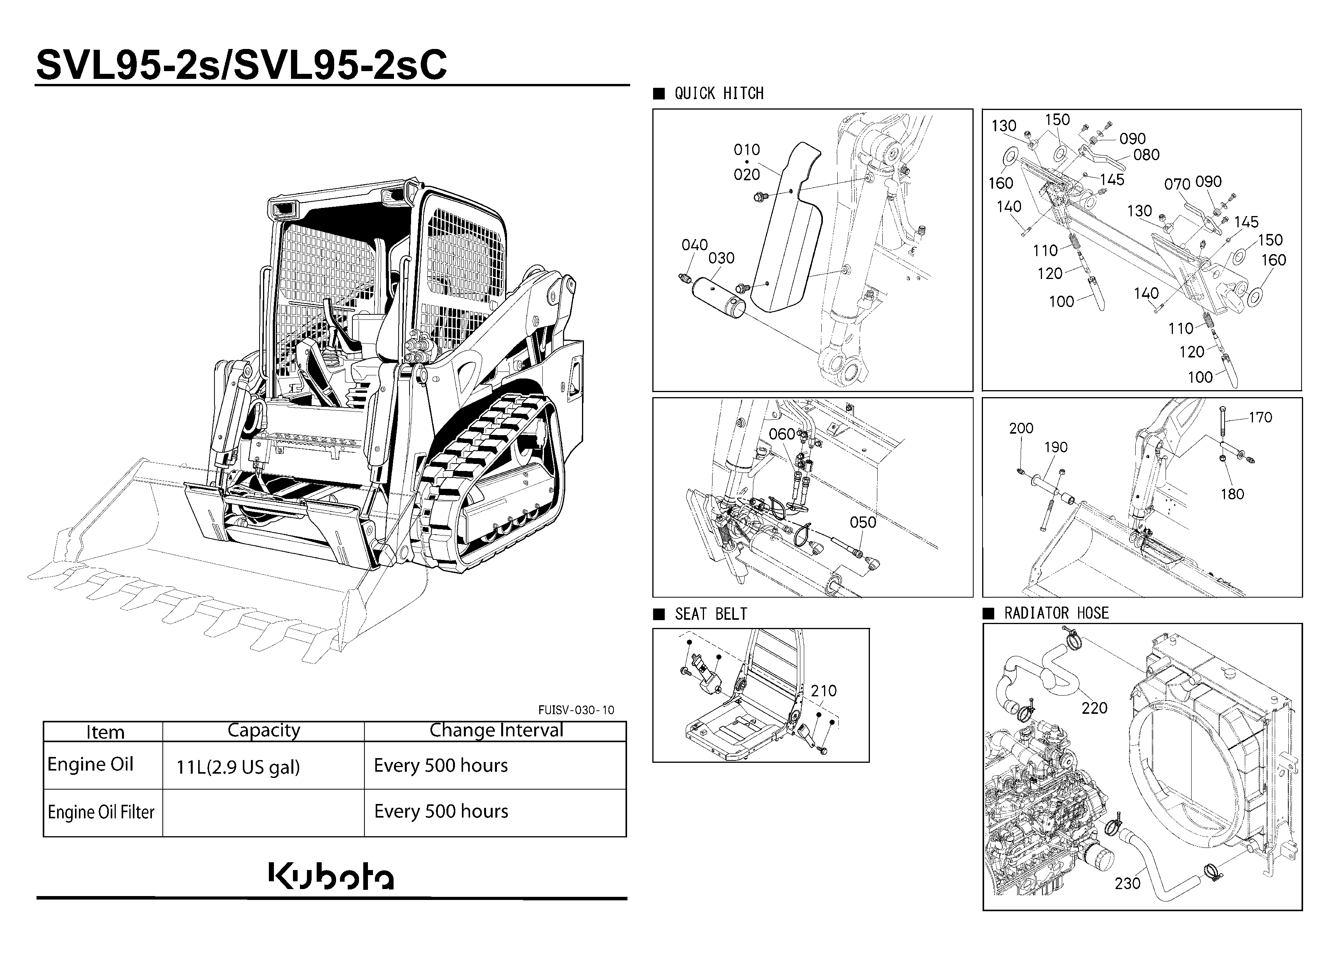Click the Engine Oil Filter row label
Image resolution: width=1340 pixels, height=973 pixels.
tap(101, 812)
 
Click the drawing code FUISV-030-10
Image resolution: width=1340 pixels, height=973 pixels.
tap(576, 710)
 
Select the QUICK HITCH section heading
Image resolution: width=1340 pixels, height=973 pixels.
tap(719, 93)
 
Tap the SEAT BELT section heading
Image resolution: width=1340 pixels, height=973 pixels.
tap(711, 614)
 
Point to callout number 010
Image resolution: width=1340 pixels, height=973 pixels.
tap(747, 150)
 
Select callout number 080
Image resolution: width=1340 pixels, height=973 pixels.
tap(1146, 155)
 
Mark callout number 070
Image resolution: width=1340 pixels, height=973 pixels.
tap(1177, 184)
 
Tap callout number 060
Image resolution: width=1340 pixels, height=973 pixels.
tap(782, 434)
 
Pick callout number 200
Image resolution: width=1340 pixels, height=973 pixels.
tap(1021, 428)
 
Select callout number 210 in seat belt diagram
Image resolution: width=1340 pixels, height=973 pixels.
tap(824, 691)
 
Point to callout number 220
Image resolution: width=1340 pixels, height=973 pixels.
tap(1094, 708)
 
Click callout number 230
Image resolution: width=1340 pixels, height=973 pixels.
tap(1127, 883)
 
